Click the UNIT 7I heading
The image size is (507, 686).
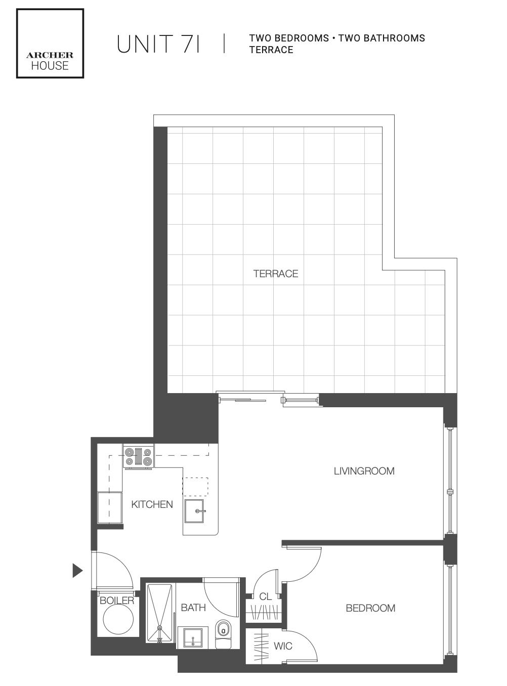158,44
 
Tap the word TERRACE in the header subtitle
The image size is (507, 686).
271,50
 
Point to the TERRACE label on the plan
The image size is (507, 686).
275,274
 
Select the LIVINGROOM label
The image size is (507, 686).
364,471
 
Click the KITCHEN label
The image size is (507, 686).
152,504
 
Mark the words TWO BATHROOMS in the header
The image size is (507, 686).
382,38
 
